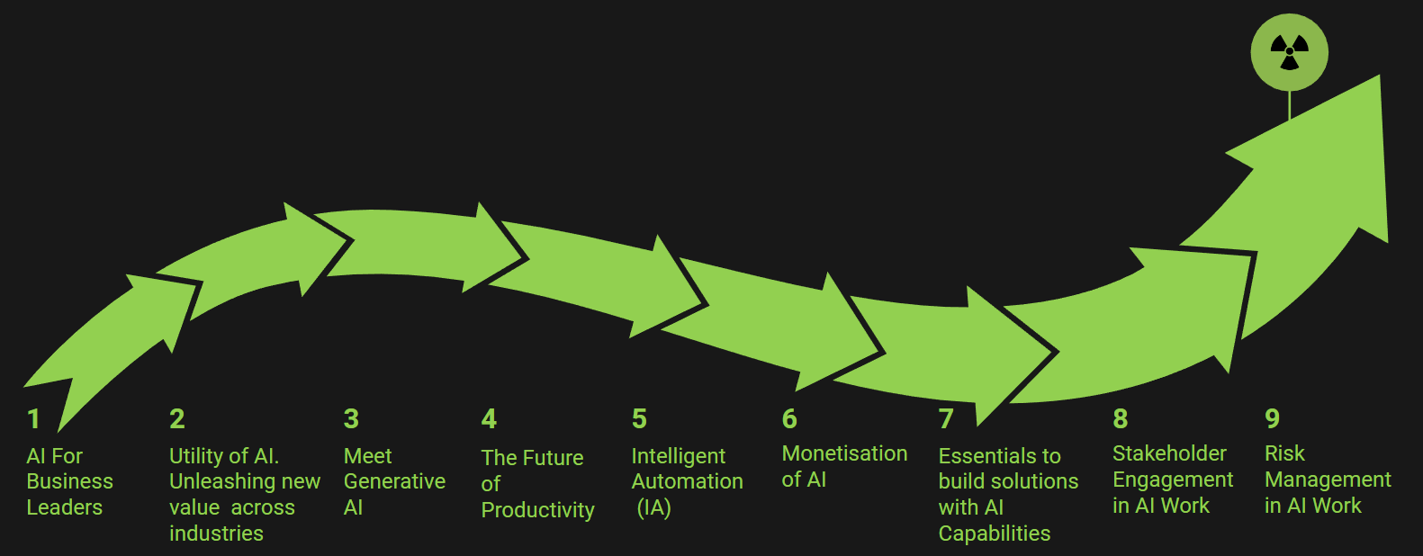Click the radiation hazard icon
pos(1289,52)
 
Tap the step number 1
pos(33,419)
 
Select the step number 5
pos(639,419)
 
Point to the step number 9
pos(1273,419)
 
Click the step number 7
pos(946,419)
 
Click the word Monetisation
pos(844,453)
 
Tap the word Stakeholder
pos(1169,453)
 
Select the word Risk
pos(1284,453)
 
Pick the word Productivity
pos(537,510)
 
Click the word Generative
pos(394,481)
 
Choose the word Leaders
pos(64,507)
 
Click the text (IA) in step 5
pos(653,508)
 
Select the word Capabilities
pos(995,534)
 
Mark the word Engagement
pos(1173,480)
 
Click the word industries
pos(216,534)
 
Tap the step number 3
pos(351,419)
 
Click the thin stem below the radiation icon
pos(1289,105)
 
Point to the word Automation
pos(688,481)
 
